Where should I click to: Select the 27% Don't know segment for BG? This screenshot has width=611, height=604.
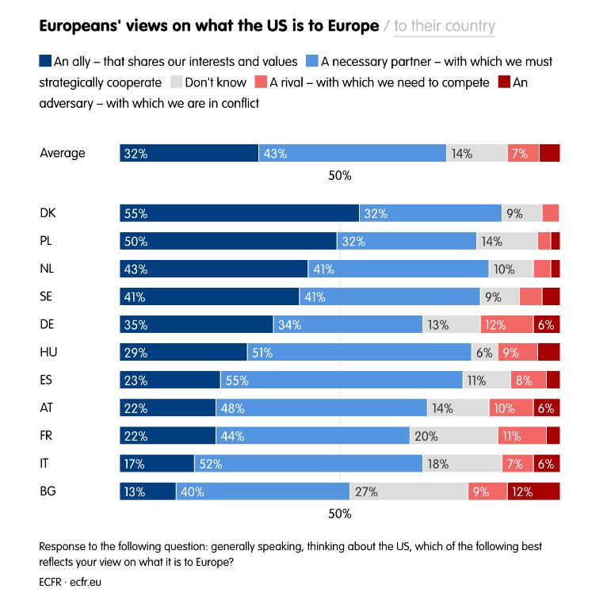click(409, 491)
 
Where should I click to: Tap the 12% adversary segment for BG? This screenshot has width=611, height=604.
click(533, 491)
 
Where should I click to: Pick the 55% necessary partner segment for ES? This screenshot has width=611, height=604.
click(342, 380)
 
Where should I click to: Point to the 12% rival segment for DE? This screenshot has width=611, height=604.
click(506, 324)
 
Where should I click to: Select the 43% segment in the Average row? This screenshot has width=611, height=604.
click(353, 154)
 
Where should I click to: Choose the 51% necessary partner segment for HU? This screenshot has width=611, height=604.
click(359, 352)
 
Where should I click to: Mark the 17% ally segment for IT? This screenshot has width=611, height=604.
click(157, 464)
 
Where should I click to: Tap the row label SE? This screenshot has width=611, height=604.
click(47, 296)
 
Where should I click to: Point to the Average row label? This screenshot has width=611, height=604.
click(63, 153)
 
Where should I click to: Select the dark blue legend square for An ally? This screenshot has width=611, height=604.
click(45, 61)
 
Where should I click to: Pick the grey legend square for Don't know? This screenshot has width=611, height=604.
click(177, 82)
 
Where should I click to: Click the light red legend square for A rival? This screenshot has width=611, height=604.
click(261, 82)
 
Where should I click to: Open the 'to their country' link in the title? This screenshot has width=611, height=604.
click(445, 26)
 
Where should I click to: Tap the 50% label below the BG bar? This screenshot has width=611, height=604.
click(339, 514)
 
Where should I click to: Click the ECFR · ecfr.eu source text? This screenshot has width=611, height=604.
click(71, 581)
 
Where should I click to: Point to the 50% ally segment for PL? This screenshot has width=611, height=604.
click(228, 241)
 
